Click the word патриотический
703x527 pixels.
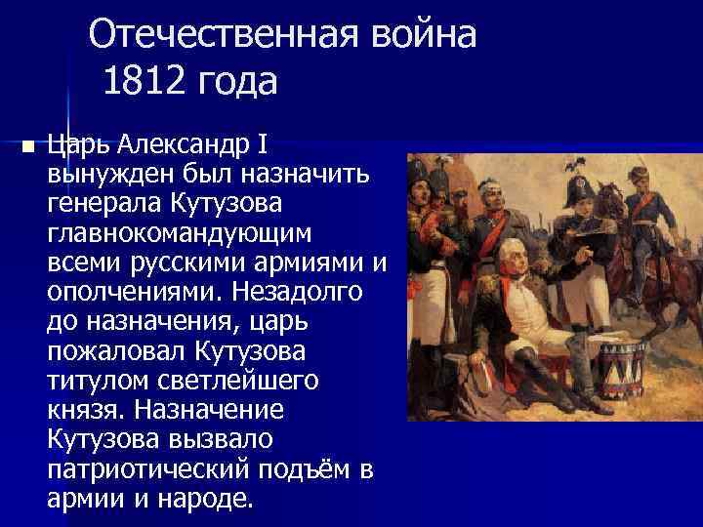[x=147, y=469]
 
